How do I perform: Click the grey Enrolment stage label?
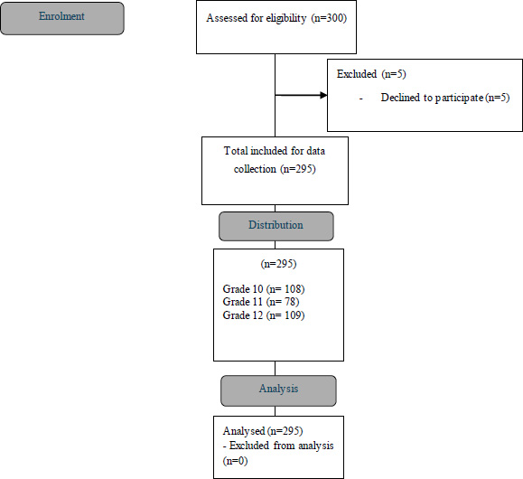62,18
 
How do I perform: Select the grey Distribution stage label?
276,226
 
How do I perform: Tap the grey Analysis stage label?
278,390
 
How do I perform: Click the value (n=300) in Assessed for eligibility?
329,18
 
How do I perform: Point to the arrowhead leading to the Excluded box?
323,96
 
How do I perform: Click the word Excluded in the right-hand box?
357,74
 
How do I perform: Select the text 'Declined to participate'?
432,98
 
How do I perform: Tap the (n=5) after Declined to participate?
498,98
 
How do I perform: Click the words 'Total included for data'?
275,151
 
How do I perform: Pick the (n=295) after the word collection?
298,169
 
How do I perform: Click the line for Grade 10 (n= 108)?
264,288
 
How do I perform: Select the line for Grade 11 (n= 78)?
261,302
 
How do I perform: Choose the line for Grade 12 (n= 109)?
264,315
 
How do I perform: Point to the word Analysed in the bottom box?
244,431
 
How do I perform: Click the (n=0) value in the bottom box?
235,461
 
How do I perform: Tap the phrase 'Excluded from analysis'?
281,446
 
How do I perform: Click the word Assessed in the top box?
227,18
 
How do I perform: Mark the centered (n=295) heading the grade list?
278,264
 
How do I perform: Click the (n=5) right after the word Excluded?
394,74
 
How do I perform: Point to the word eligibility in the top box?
286,18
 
